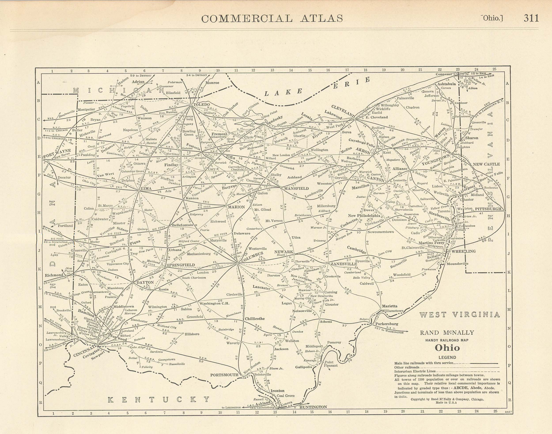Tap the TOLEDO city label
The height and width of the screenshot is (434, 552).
pyautogui.click(x=202, y=104)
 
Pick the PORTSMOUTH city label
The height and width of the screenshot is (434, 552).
pyautogui.click(x=224, y=375)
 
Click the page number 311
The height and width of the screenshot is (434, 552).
pyautogui.click(x=531, y=18)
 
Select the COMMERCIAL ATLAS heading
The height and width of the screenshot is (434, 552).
pyautogui.click(x=272, y=19)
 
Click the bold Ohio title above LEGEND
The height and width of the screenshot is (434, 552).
pyautogui.click(x=447, y=348)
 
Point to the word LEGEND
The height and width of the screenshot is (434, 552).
pyautogui.click(x=447, y=357)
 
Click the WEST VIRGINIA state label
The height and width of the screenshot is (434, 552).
pyautogui.click(x=459, y=315)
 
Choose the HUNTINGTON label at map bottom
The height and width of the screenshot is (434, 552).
pyautogui.click(x=313, y=407)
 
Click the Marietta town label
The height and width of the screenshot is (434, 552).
pyautogui.click(x=389, y=306)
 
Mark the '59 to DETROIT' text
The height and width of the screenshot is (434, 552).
pyautogui.click(x=141, y=75)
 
